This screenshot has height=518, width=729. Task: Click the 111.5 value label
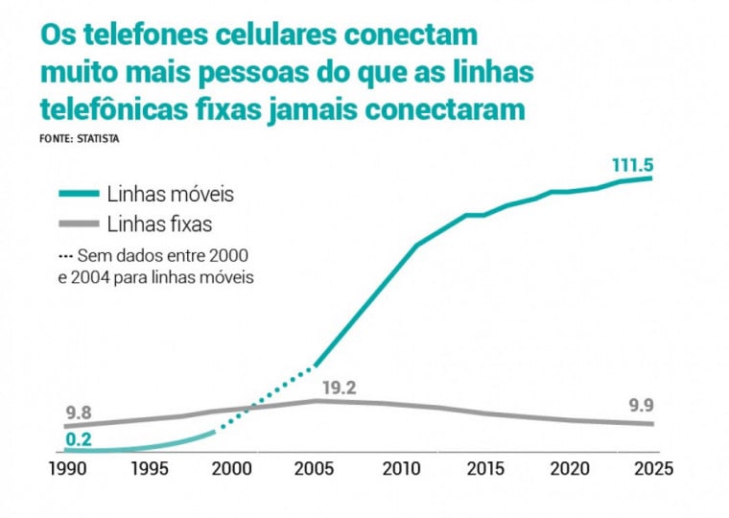click(x=632, y=165)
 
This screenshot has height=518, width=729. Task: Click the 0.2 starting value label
click(x=80, y=440)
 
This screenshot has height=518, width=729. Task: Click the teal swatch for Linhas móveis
click(x=79, y=194)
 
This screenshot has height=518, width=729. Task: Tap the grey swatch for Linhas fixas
click(x=79, y=224)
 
